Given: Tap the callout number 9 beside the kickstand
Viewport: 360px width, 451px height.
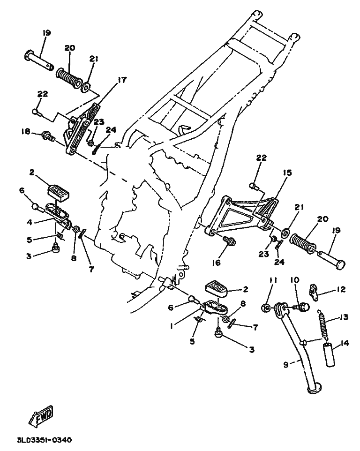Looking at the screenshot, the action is (x=286, y=364).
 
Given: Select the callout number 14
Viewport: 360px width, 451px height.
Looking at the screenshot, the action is (x=345, y=343).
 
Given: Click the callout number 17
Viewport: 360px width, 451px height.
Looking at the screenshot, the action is (x=122, y=80).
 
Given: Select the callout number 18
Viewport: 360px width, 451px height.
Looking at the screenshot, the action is (x=25, y=131).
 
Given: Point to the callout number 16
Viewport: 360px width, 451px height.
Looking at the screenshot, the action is (x=216, y=263).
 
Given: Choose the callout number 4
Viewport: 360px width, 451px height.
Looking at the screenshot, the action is (x=30, y=222).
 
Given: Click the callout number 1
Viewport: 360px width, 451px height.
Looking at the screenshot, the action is (x=172, y=326).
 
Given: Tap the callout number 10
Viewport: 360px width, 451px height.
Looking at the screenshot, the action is (x=295, y=280).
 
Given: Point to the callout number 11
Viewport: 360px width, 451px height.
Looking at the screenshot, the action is (x=273, y=280).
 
